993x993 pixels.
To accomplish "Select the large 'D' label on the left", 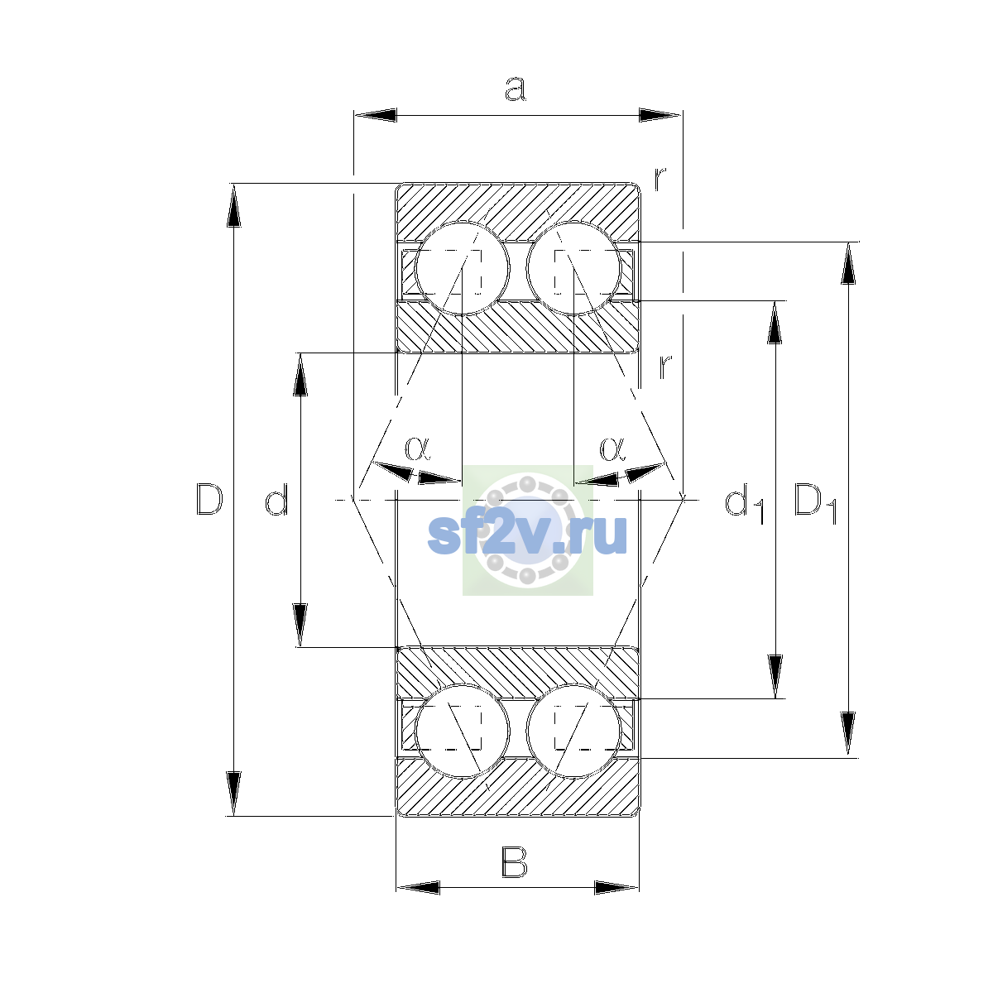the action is click(x=209, y=499).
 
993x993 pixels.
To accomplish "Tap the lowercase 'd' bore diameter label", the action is click(x=276, y=499).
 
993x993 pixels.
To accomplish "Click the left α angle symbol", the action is click(x=417, y=448).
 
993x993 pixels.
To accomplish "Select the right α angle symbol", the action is click(x=612, y=448).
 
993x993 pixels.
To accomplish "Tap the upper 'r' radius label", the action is click(x=660, y=178).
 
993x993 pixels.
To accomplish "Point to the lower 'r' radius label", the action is click(x=665, y=367).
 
